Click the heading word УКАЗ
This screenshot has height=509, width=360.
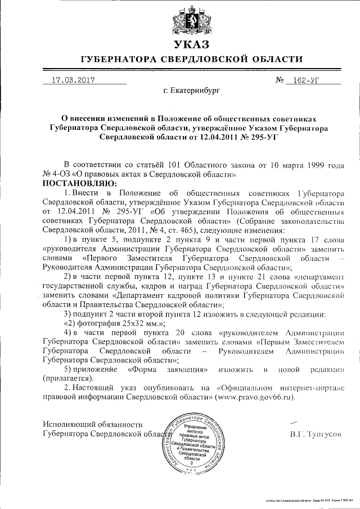point(191,44)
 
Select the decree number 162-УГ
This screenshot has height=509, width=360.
point(307,80)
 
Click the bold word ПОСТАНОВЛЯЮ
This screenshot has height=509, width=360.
point(78,183)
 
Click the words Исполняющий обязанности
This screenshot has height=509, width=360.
point(93,425)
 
